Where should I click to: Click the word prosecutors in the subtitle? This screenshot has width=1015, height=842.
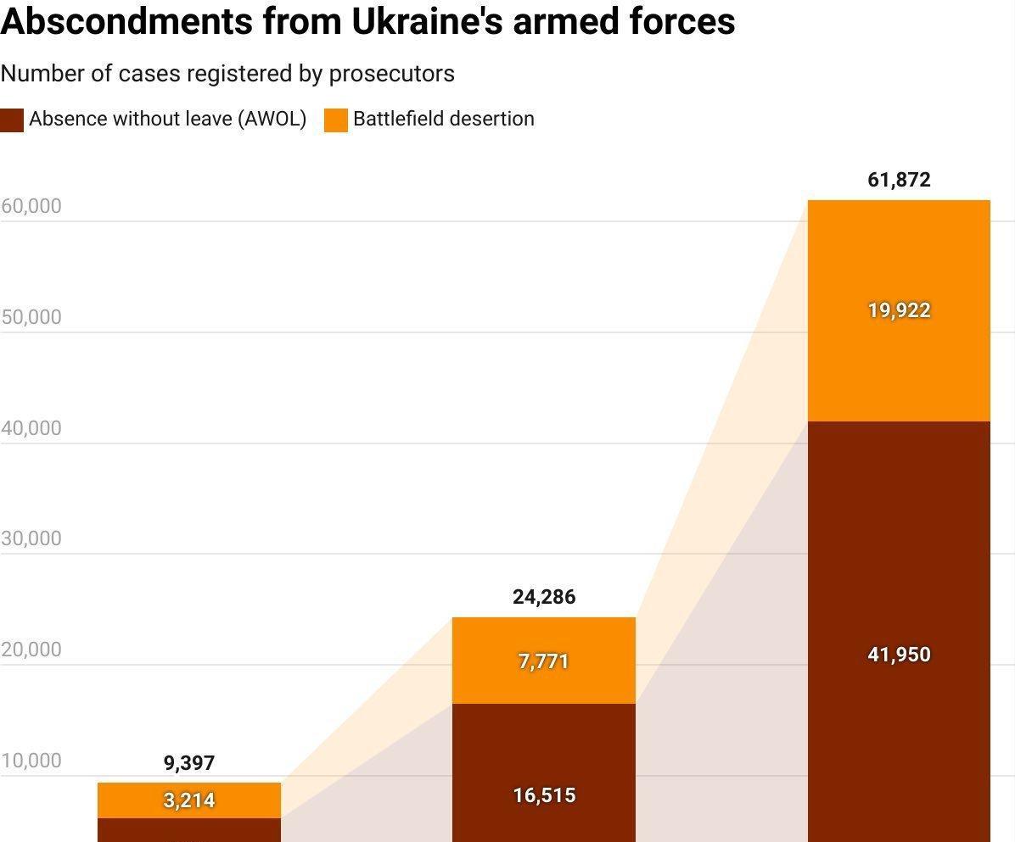coord(391,74)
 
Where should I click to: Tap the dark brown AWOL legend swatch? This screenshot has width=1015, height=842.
coord(12,120)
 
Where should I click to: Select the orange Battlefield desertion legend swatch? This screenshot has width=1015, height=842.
coord(336,120)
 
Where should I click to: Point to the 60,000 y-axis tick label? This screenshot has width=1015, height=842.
coord(31,206)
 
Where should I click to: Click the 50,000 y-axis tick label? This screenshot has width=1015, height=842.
coord(31,317)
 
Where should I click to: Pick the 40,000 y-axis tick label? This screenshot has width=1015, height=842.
coord(31,428)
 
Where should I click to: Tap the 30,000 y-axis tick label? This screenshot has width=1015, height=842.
coord(31,538)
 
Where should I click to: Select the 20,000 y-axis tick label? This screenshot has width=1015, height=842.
coord(31,650)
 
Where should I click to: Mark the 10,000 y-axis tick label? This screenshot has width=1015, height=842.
coord(31,761)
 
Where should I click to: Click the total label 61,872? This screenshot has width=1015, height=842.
coord(899,180)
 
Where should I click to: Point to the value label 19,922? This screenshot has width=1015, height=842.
coord(899,310)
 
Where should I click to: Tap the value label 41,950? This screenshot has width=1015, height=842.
coord(899,655)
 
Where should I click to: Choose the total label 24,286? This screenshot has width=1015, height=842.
coord(544,597)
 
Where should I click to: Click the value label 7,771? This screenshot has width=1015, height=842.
coord(544,661)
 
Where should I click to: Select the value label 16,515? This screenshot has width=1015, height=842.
coord(544,795)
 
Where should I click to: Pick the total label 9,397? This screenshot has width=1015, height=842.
coord(189,763)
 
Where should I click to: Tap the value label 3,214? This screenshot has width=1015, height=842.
coord(189,800)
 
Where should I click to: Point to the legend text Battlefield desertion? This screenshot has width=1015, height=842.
coord(444,119)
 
